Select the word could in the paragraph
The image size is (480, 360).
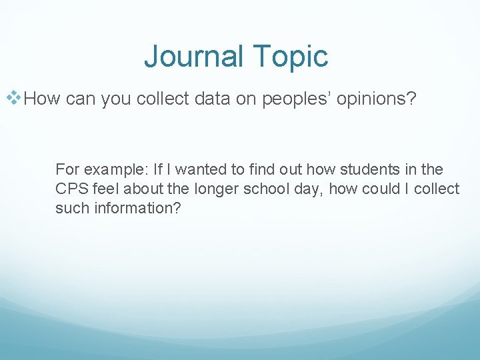click(x=382, y=189)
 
